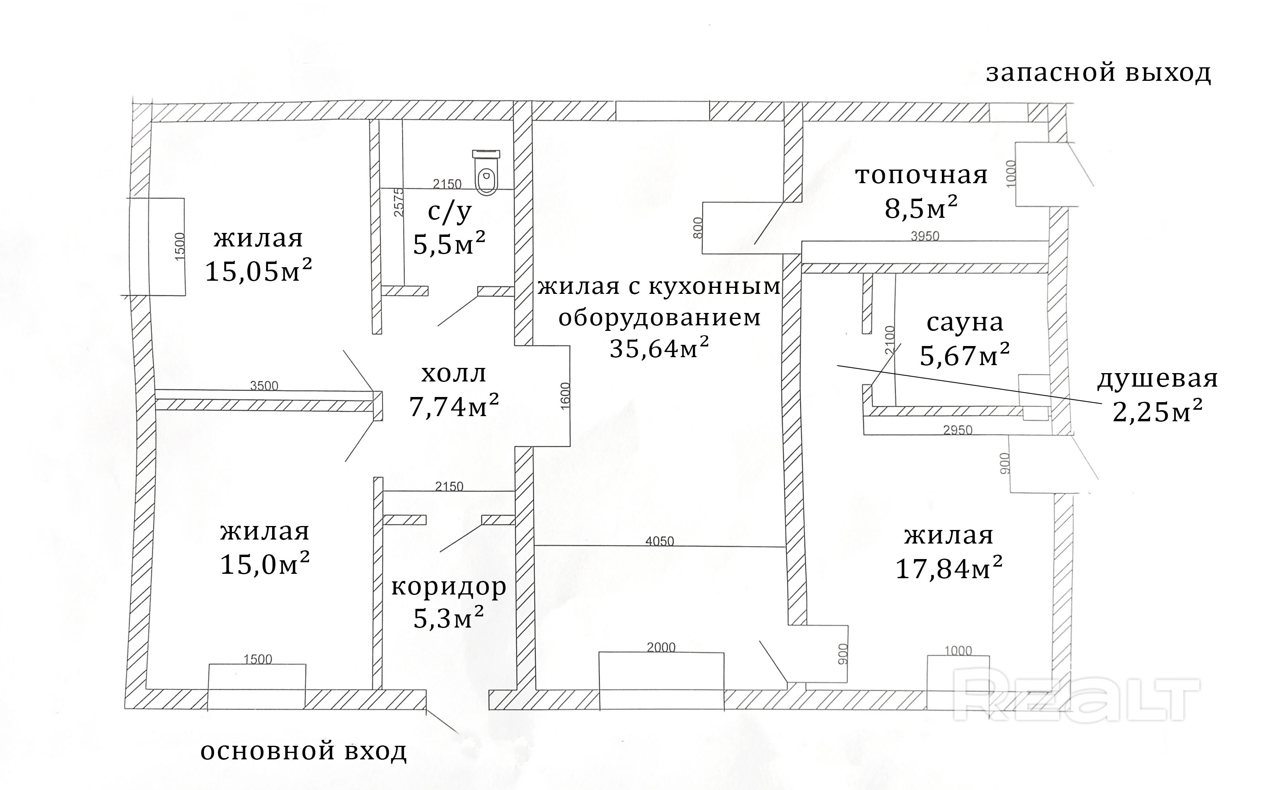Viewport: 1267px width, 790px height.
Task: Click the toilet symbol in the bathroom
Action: point(486,172)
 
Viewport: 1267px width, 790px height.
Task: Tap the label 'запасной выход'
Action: point(1098,73)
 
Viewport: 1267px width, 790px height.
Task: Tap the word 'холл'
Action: point(454,373)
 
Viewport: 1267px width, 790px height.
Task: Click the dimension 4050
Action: point(660,541)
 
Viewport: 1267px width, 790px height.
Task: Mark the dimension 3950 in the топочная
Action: point(925,236)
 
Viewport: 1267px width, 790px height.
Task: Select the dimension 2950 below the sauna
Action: point(957,430)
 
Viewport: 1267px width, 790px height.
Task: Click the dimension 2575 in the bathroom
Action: point(399,203)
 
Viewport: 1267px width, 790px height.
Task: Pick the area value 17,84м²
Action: point(949,569)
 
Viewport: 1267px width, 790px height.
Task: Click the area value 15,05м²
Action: point(258,272)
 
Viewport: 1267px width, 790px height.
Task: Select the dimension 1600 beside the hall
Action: point(565,396)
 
